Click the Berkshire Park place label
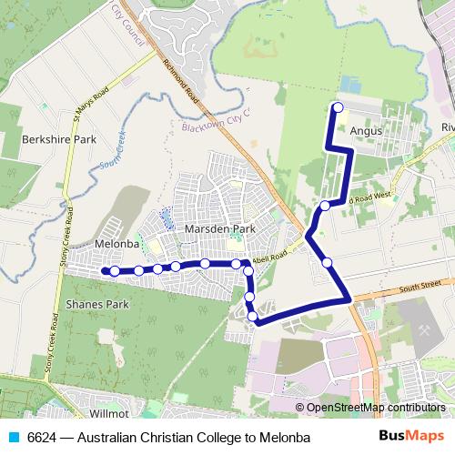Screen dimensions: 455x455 (x=59, y=140)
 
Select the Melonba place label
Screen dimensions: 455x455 (x=116, y=244)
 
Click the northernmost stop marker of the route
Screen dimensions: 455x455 (x=338, y=108)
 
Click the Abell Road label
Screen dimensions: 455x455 (x=274, y=258)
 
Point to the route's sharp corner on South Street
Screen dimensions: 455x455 (x=349, y=298)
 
